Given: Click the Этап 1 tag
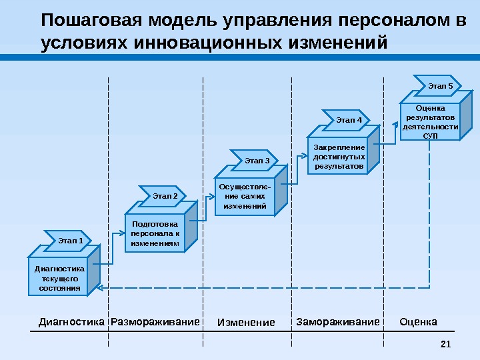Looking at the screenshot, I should pos(70,238).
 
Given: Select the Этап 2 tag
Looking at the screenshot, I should pos(164,196).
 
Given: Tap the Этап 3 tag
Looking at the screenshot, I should pos(257,160).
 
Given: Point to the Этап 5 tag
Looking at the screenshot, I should pos(439,86).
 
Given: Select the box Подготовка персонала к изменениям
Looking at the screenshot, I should pos(155,234).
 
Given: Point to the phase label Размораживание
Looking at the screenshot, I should pos(155,323).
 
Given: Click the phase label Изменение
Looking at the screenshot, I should pos(246,323).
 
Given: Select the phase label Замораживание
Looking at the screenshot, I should pos(337,323).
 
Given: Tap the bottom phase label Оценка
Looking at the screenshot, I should pos(418,323).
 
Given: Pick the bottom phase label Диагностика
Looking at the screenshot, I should pos(72,323).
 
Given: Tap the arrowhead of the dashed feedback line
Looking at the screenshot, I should pos(99,287).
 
